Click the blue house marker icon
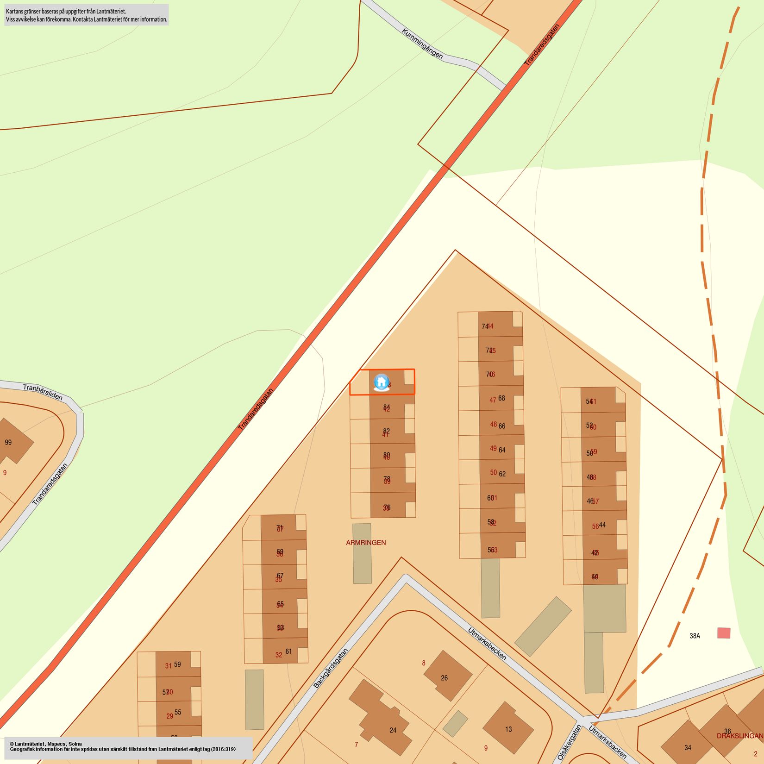click(381, 382)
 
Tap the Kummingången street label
click(422, 44)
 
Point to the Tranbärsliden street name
click(43, 392)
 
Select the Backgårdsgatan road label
click(331, 668)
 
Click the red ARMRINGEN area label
click(366, 542)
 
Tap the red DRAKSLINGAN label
click(739, 736)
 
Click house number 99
click(8, 442)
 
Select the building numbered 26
click(444, 678)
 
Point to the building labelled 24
click(393, 730)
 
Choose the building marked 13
click(508, 729)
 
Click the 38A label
click(695, 636)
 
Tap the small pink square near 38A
click(724, 633)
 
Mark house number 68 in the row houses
click(501, 398)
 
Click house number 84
click(387, 407)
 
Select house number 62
click(502, 474)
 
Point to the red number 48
click(494, 424)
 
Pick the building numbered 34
click(688, 747)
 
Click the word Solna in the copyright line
click(75, 744)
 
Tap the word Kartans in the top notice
click(15, 11)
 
